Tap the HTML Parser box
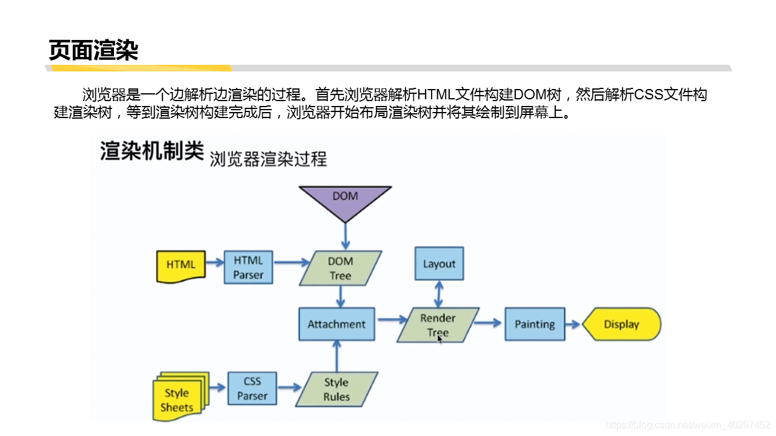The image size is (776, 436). click(x=249, y=268)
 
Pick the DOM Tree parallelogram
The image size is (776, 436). click(x=340, y=268)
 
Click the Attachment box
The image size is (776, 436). click(x=336, y=324)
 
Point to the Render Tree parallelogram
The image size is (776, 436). click(x=438, y=325)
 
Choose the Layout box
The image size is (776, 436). click(x=439, y=263)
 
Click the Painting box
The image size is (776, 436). click(x=534, y=324)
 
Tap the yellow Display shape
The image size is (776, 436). click(x=621, y=324)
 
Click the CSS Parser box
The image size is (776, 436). click(x=252, y=389)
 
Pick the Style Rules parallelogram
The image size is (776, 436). click(x=336, y=389)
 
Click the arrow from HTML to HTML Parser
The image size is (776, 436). click(x=215, y=263)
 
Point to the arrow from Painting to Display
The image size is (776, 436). click(x=573, y=324)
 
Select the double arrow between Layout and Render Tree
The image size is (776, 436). click(x=439, y=294)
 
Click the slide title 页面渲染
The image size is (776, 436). click(x=93, y=50)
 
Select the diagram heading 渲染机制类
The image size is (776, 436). click(x=152, y=151)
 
